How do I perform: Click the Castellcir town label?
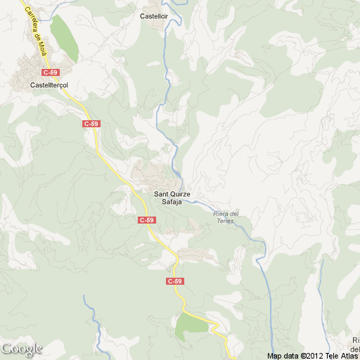[x=154, y=15]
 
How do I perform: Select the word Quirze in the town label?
[x=179, y=194]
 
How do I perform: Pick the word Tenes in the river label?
[x=224, y=221]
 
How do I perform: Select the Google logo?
[x=22, y=349]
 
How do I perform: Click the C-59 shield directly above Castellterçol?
[x=50, y=72]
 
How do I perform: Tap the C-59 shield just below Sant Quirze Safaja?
[x=146, y=220]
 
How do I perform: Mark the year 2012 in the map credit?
[x=311, y=356]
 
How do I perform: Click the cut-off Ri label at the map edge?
[x=355, y=341]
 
